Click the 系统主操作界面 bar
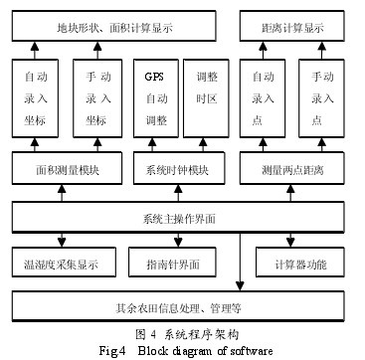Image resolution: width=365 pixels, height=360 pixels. (181, 217)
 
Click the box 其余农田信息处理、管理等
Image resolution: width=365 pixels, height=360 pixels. (181, 304)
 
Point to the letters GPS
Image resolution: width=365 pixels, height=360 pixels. (154, 75)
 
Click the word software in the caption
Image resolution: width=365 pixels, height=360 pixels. (248, 350)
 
